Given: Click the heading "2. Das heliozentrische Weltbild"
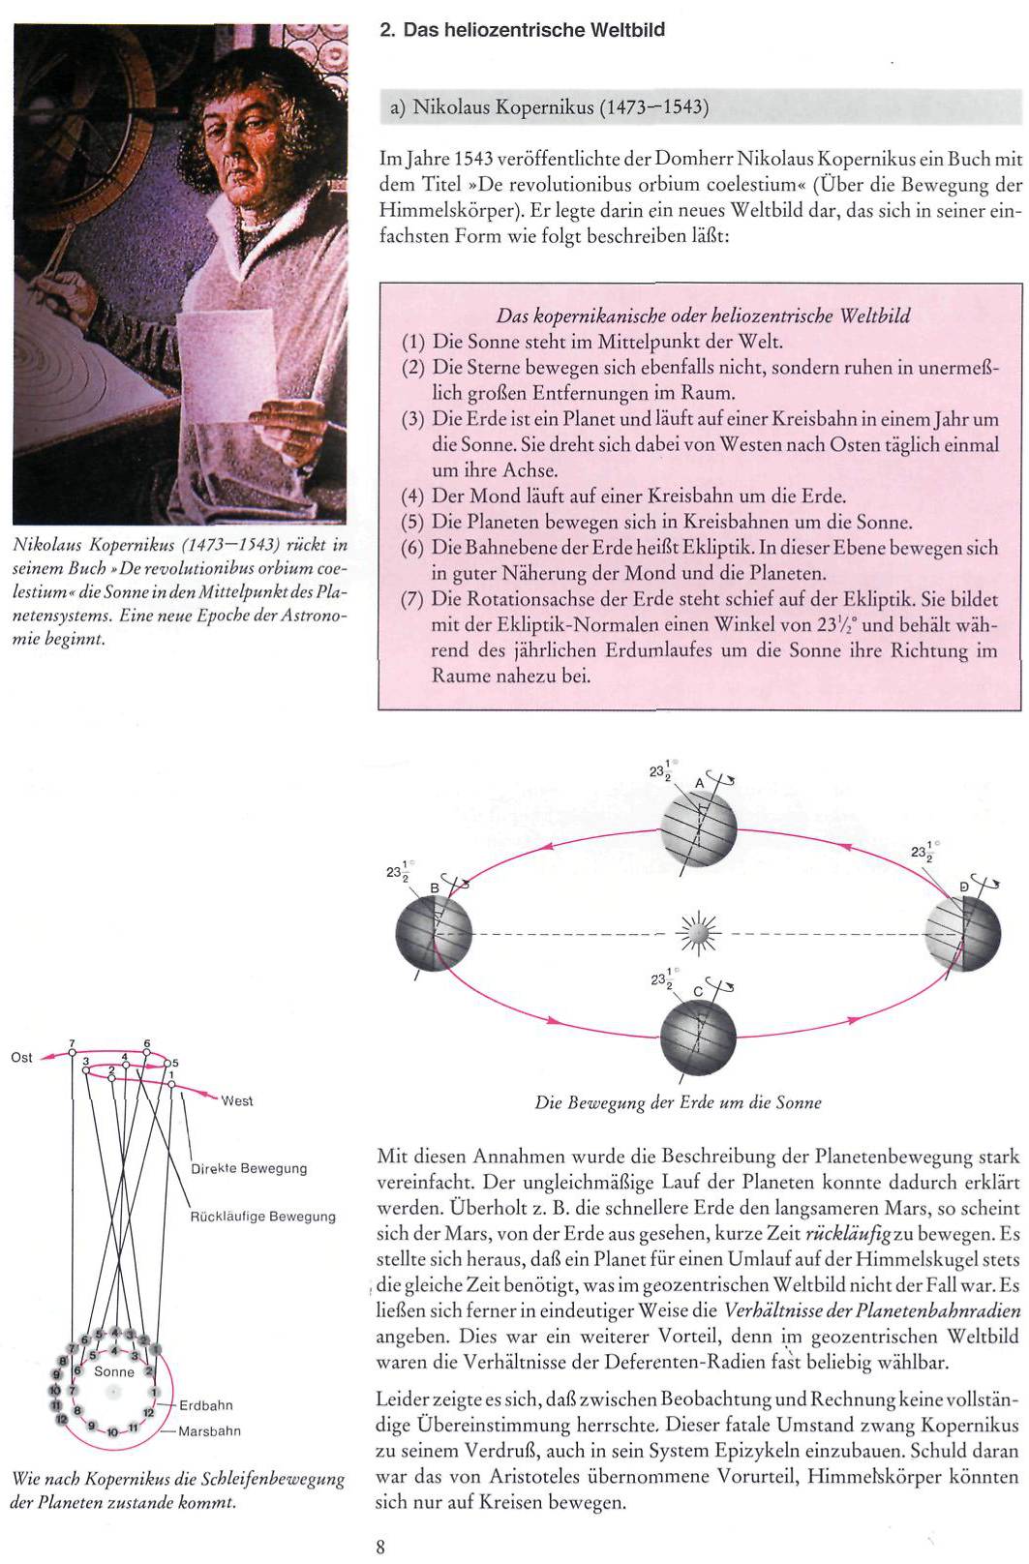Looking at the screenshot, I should click(x=522, y=30).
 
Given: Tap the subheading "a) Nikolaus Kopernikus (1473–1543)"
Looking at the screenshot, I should click(x=549, y=106).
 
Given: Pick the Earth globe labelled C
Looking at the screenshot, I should click(x=698, y=1037).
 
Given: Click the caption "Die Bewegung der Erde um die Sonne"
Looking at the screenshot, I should click(x=678, y=1102).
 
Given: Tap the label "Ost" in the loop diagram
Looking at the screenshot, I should click(x=21, y=1057).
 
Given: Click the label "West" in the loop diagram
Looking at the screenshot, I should click(x=237, y=1100).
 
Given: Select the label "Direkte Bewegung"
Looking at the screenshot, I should click(x=249, y=1168).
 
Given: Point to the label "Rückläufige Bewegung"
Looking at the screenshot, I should click(x=263, y=1217).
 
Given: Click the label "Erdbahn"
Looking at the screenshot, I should click(x=205, y=1405).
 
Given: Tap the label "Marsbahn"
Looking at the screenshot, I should click(x=209, y=1430).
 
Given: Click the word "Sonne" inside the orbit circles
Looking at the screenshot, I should click(x=114, y=1371).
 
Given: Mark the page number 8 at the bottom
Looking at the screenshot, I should click(x=380, y=1547).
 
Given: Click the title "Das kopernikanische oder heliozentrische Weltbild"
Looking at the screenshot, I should click(x=703, y=316).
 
